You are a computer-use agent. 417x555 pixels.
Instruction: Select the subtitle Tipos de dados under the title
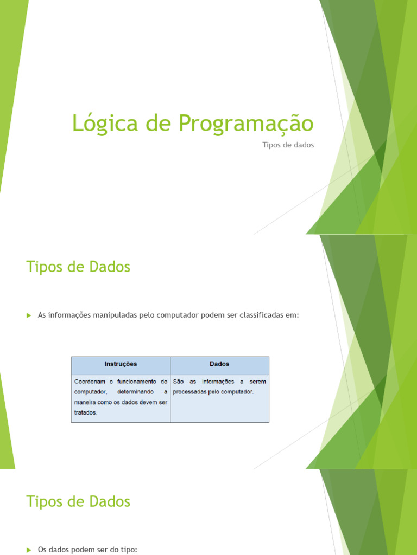pos(288,145)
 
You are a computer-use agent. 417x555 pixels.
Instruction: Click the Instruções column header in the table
pos(121,364)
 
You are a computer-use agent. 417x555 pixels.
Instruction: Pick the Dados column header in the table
pos(219,364)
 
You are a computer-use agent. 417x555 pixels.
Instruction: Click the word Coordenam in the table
pos(90,382)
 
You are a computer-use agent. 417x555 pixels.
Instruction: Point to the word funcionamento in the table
pos(136,382)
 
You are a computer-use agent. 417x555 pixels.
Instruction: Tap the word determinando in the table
pos(135,392)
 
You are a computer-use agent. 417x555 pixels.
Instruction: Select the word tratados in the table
pos(85,412)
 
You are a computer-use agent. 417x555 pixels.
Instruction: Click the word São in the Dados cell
pos(178,382)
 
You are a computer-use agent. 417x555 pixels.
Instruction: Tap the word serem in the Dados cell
pos(258,382)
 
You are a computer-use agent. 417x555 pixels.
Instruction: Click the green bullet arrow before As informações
pos(29,315)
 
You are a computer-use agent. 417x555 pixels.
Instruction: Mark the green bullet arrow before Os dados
pos(29,550)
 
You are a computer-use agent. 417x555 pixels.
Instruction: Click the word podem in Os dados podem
pos(79,550)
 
